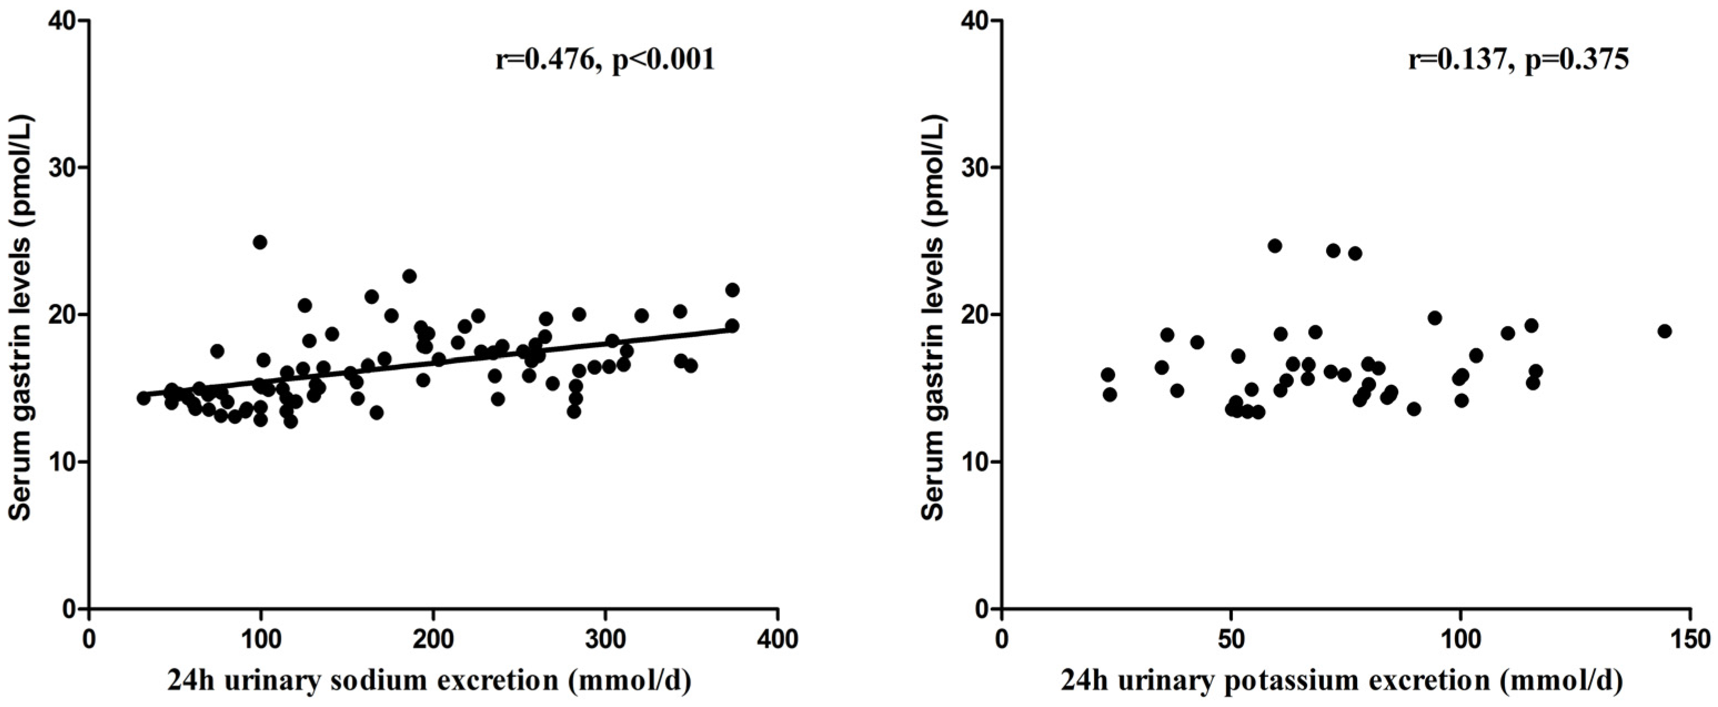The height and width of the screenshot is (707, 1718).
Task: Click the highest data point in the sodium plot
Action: (x=260, y=242)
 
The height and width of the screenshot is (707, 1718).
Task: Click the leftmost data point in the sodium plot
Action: (x=143, y=398)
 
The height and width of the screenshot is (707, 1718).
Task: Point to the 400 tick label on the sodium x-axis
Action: (x=778, y=640)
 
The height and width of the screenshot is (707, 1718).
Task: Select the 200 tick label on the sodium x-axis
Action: (x=434, y=640)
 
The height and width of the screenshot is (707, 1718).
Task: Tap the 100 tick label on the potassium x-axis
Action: (x=1460, y=640)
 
